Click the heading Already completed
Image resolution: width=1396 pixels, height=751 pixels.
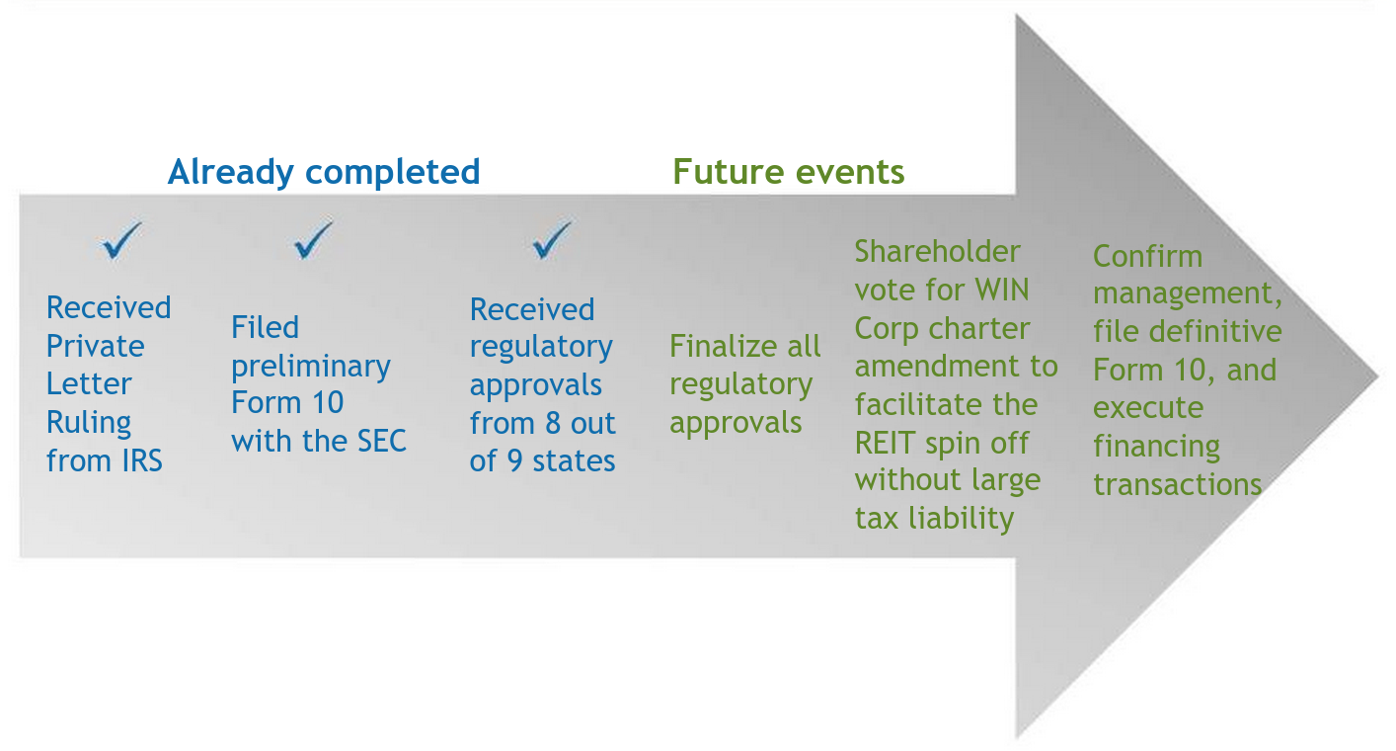pyautogui.click(x=324, y=172)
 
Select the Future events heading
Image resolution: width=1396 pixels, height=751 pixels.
pyautogui.click(x=788, y=172)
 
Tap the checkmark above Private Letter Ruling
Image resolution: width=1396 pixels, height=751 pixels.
pyautogui.click(x=121, y=241)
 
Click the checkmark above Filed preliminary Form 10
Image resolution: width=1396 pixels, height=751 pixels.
pyautogui.click(x=314, y=241)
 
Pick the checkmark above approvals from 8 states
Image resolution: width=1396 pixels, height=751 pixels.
pyautogui.click(x=551, y=240)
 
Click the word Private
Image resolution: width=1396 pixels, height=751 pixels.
pyautogui.click(x=95, y=346)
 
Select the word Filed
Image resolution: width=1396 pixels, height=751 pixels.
pyautogui.click(x=265, y=327)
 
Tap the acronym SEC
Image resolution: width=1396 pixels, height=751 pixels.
pyautogui.click(x=379, y=441)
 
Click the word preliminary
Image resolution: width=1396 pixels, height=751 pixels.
pyautogui.click(x=311, y=367)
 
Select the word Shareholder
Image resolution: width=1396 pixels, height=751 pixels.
pyautogui.click(x=937, y=252)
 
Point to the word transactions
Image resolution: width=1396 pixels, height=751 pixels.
pyautogui.click(x=1177, y=484)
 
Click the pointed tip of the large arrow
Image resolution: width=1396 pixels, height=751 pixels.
pyautogui.click(x=1376, y=376)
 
